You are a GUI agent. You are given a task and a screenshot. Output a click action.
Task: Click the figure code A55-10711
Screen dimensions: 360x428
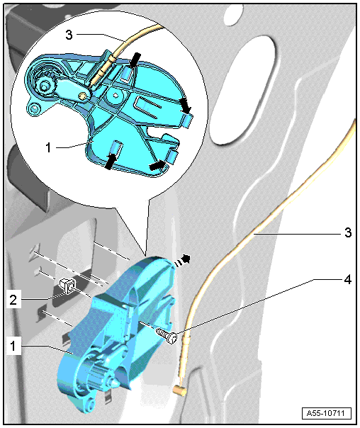pyautogui.click(x=327, y=413)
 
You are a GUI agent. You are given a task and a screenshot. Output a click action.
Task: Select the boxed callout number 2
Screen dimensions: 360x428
pyautogui.click(x=13, y=300)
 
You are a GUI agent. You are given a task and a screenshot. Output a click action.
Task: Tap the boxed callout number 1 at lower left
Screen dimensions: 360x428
pyautogui.click(x=13, y=346)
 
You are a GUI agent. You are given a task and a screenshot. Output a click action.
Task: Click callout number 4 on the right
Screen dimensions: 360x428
pyautogui.click(x=347, y=279)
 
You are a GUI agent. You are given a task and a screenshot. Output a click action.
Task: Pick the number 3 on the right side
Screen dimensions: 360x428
pyautogui.click(x=348, y=233)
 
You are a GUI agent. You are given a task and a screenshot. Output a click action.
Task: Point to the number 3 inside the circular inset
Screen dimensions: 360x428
pyautogui.click(x=69, y=35)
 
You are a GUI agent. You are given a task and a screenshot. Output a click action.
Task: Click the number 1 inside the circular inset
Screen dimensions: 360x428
pyautogui.click(x=49, y=147)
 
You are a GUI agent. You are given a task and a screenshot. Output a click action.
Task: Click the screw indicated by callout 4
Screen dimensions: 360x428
pyautogui.click(x=166, y=336)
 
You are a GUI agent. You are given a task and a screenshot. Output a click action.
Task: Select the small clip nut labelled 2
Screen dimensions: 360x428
pyautogui.click(x=67, y=286)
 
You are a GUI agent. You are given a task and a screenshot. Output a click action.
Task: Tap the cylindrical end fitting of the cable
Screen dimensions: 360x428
pyautogui.click(x=179, y=391)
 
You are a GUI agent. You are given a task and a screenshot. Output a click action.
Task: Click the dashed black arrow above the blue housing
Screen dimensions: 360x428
pyautogui.click(x=182, y=260)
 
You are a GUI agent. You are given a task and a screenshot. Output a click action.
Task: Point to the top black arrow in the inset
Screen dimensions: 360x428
pyautogui.click(x=135, y=60)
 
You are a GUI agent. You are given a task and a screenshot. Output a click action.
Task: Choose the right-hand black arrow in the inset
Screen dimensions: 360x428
pyautogui.click(x=185, y=106)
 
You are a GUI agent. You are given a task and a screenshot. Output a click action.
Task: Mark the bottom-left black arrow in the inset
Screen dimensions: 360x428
pyautogui.click(x=111, y=162)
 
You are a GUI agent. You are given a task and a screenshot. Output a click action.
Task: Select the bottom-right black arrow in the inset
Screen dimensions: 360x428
pyautogui.click(x=157, y=165)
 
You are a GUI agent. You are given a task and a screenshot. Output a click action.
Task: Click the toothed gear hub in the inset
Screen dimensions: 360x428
pyautogui.click(x=44, y=84)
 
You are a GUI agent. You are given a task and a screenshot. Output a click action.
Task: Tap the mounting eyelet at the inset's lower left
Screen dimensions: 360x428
pyautogui.click(x=34, y=109)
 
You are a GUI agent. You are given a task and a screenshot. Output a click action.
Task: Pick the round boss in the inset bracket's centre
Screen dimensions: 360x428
pyautogui.click(x=116, y=96)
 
